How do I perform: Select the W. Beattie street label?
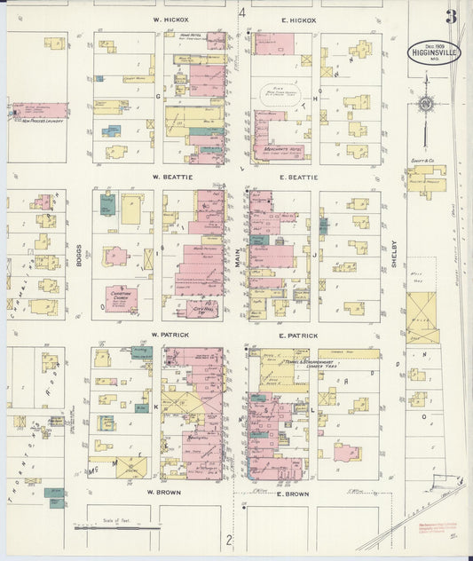[167, 178]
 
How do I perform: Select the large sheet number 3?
[452, 17]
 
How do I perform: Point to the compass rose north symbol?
[426, 105]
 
